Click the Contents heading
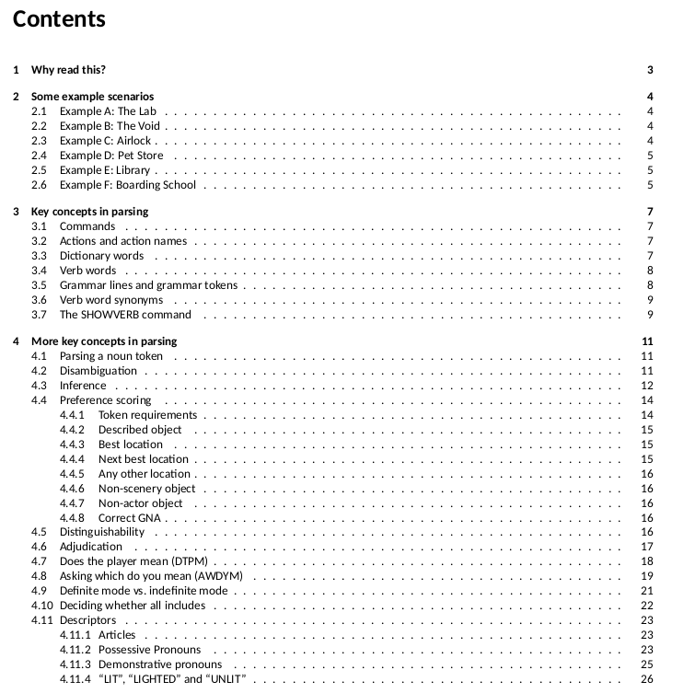click(59, 19)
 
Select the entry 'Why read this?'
click(68, 70)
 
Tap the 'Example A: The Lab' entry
click(109, 111)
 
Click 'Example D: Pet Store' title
click(111, 156)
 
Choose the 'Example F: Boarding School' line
click(128, 185)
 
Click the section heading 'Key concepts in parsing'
click(89, 212)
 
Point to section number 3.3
click(39, 256)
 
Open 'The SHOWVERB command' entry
click(125, 315)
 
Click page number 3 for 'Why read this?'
click(650, 70)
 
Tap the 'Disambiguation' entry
click(99, 371)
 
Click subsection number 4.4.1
click(72, 415)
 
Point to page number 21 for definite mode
click(646, 591)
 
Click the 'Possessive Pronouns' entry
click(149, 650)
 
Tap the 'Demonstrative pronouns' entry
click(159, 664)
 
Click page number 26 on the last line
click(646, 679)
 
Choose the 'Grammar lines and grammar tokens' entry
click(148, 285)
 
